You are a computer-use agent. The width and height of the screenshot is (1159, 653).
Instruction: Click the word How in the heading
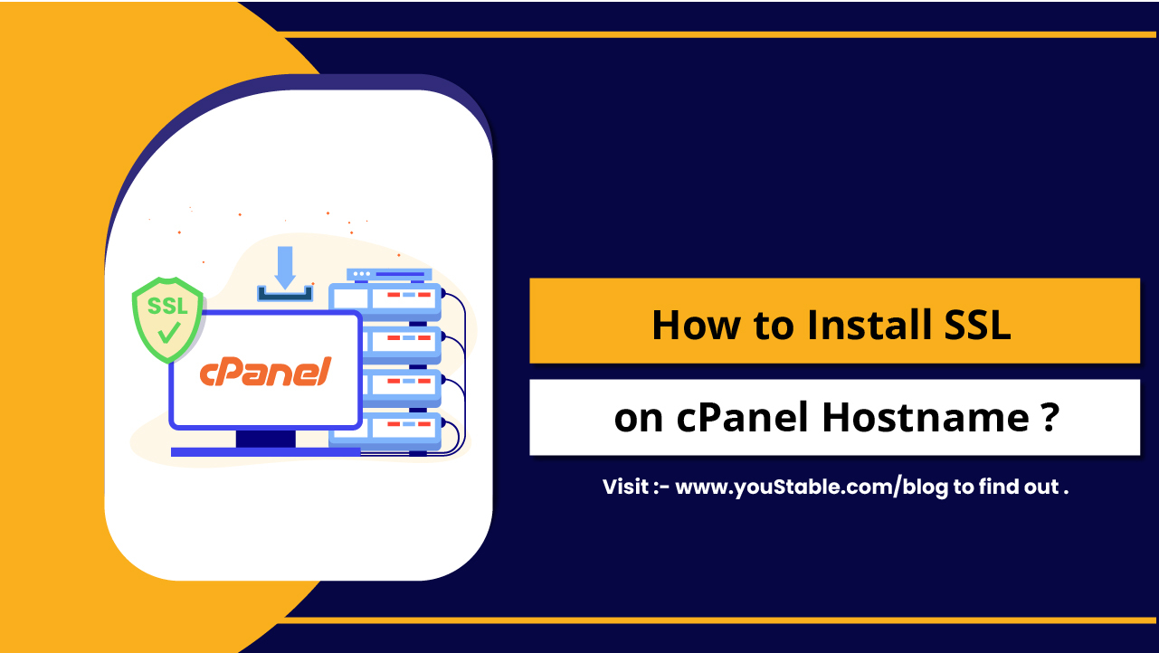[695, 326]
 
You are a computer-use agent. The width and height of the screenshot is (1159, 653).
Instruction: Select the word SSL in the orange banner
[977, 326]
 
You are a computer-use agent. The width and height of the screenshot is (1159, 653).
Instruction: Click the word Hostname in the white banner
[926, 417]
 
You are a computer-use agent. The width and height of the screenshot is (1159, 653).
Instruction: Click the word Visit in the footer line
[625, 487]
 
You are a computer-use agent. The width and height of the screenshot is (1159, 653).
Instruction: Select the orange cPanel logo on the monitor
[265, 372]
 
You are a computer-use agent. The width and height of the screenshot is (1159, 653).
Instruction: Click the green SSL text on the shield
[167, 306]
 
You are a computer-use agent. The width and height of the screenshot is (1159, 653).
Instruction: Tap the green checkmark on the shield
[168, 333]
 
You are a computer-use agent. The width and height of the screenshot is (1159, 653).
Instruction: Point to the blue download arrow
[285, 267]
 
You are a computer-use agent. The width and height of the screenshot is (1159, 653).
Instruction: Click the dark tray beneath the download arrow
[285, 294]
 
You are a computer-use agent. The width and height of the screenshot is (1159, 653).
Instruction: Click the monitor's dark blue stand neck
[265, 439]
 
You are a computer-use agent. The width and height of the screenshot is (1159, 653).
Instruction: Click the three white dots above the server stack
[361, 274]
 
